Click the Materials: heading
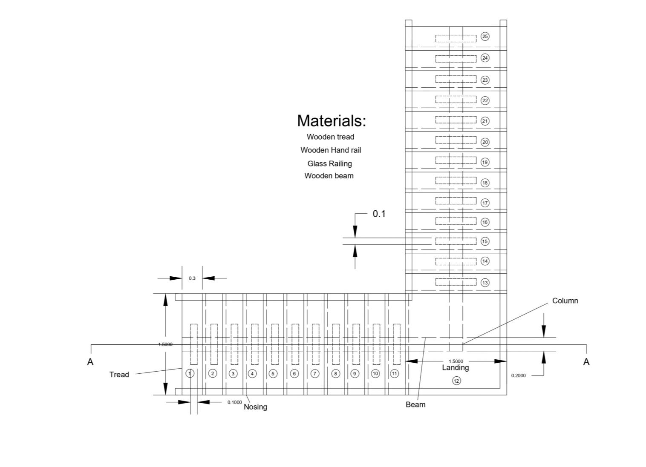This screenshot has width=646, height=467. coord(331,120)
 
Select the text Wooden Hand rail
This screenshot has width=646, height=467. coord(331,150)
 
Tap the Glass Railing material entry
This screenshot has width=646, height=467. coord(329,163)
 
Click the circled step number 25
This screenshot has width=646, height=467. coord(485,37)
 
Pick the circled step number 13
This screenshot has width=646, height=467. coord(485,283)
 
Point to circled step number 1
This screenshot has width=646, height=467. coord(190,373)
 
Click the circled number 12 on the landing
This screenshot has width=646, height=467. coord(456,381)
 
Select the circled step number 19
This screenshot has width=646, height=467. coord(485,162)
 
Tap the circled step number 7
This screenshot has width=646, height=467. coord(315,374)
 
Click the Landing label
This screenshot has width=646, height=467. coord(455,368)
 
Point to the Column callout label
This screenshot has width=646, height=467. coord(565,301)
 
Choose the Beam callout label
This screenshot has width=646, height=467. coord(415,404)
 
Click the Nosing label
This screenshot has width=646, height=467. coord(256,407)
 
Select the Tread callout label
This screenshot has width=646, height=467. coord(119,375)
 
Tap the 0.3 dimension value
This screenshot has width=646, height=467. coord(192,278)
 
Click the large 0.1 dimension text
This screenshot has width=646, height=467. coord(379,214)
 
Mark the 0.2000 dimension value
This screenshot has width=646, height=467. coord(518,375)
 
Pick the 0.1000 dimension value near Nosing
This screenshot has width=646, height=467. coord(234,402)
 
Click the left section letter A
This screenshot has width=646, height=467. coord(90,362)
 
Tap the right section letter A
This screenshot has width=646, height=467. coord(586,362)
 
